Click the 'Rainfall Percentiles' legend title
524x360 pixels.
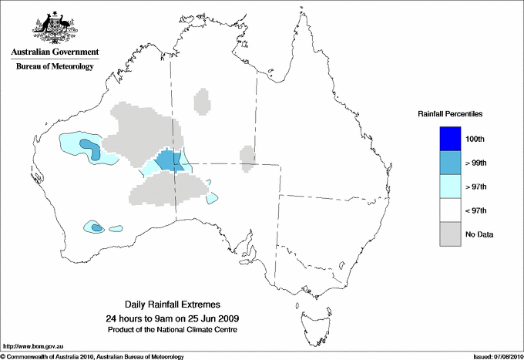pyautogui.click(x=450, y=114)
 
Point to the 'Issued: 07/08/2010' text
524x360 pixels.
pyautogui.click(x=497, y=355)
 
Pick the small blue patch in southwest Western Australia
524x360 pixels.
pyautogui.click(x=96, y=227)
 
